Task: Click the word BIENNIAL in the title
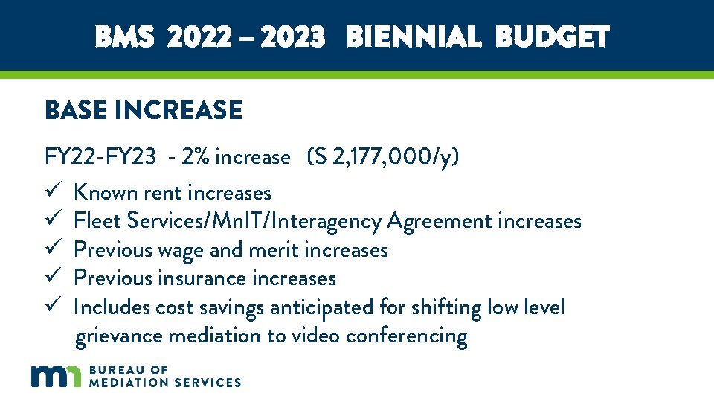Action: (413, 36)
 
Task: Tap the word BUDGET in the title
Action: (552, 36)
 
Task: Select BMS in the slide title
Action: (124, 36)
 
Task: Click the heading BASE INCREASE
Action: (144, 111)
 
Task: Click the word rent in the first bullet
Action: (163, 194)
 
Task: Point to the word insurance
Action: (202, 278)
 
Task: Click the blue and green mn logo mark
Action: (56, 376)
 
